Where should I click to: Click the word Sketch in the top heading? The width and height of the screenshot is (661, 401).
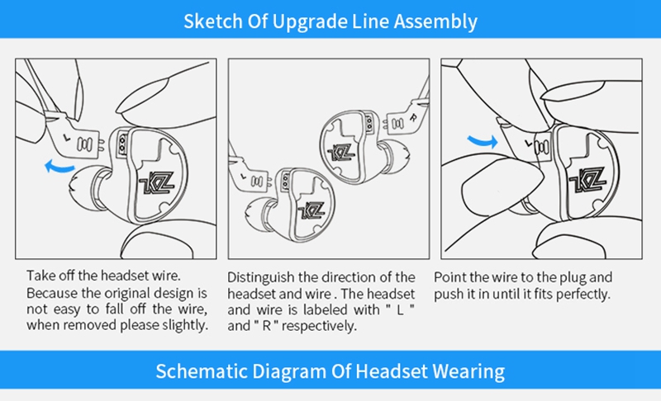[212, 21]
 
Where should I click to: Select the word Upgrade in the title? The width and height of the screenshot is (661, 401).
[311, 21]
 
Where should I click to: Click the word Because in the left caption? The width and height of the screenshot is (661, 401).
[52, 293]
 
